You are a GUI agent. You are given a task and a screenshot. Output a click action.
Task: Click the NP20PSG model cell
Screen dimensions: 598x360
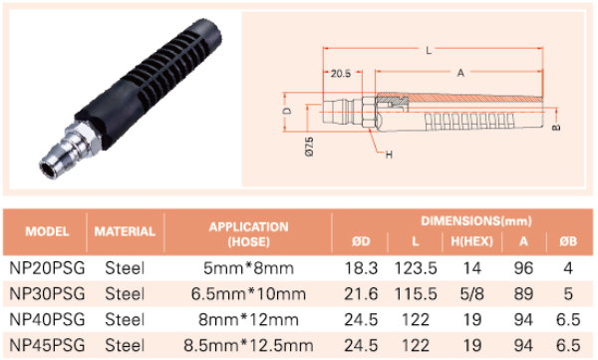pyautogui.click(x=47, y=268)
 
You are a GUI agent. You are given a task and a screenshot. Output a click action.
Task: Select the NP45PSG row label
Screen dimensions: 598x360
pyautogui.click(x=47, y=345)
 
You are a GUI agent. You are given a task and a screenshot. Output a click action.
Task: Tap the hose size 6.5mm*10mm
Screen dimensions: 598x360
pyautogui.click(x=248, y=294)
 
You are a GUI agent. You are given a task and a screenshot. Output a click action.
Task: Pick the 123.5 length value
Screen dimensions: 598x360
pyautogui.click(x=416, y=268)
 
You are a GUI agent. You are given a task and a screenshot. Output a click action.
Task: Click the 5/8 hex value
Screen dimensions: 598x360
pyautogui.click(x=471, y=294)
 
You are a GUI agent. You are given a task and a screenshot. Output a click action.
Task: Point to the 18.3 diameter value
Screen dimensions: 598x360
pyautogui.click(x=361, y=268)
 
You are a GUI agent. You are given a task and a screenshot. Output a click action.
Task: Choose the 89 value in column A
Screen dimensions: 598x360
pyautogui.click(x=523, y=294)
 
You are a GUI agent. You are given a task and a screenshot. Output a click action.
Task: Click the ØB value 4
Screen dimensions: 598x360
pyautogui.click(x=568, y=268)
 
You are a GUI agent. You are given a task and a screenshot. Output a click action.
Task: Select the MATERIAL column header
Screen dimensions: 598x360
pyautogui.click(x=125, y=231)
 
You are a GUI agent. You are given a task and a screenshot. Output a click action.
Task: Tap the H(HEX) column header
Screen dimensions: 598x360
pyautogui.click(x=472, y=241)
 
